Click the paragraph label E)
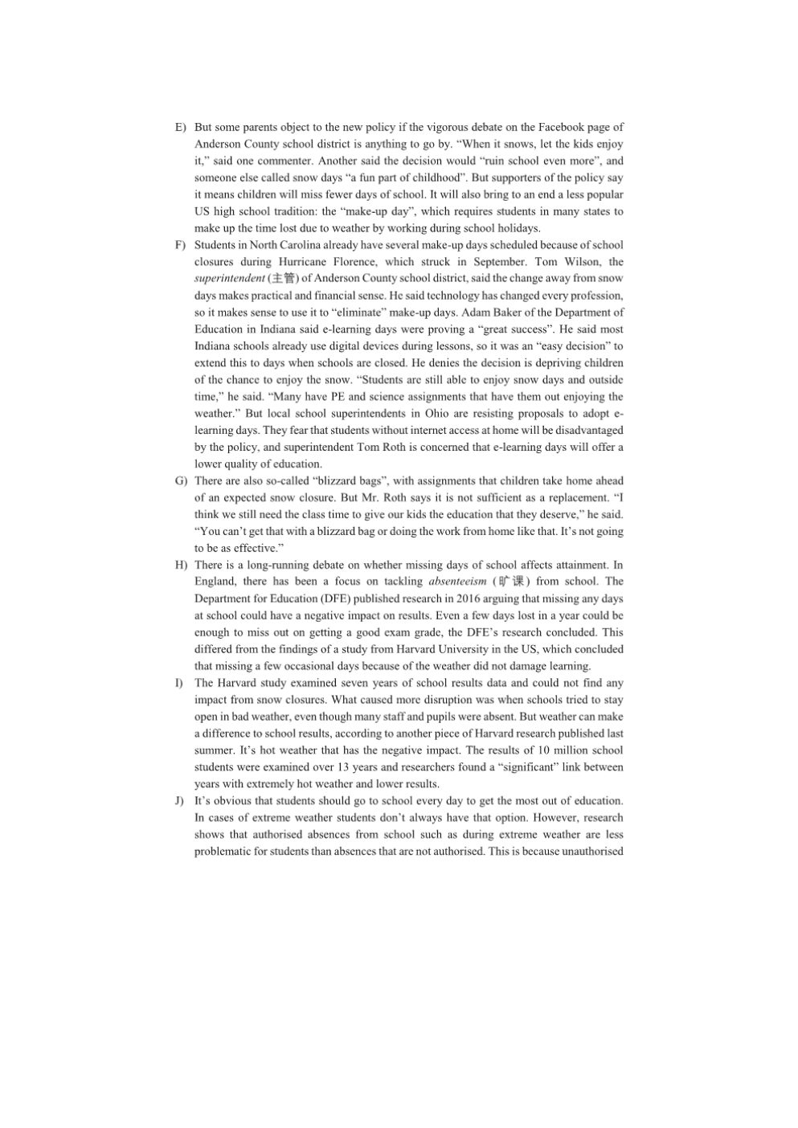[180, 127]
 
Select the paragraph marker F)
[180, 245]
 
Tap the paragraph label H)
[180, 565]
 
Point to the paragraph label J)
[180, 801]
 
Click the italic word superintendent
[229, 279]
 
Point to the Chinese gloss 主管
[283, 279]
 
